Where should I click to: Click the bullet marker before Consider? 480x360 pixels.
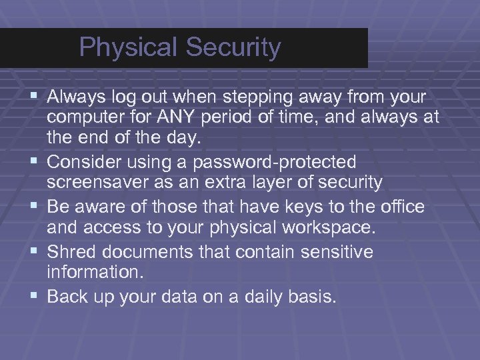click(x=35, y=162)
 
